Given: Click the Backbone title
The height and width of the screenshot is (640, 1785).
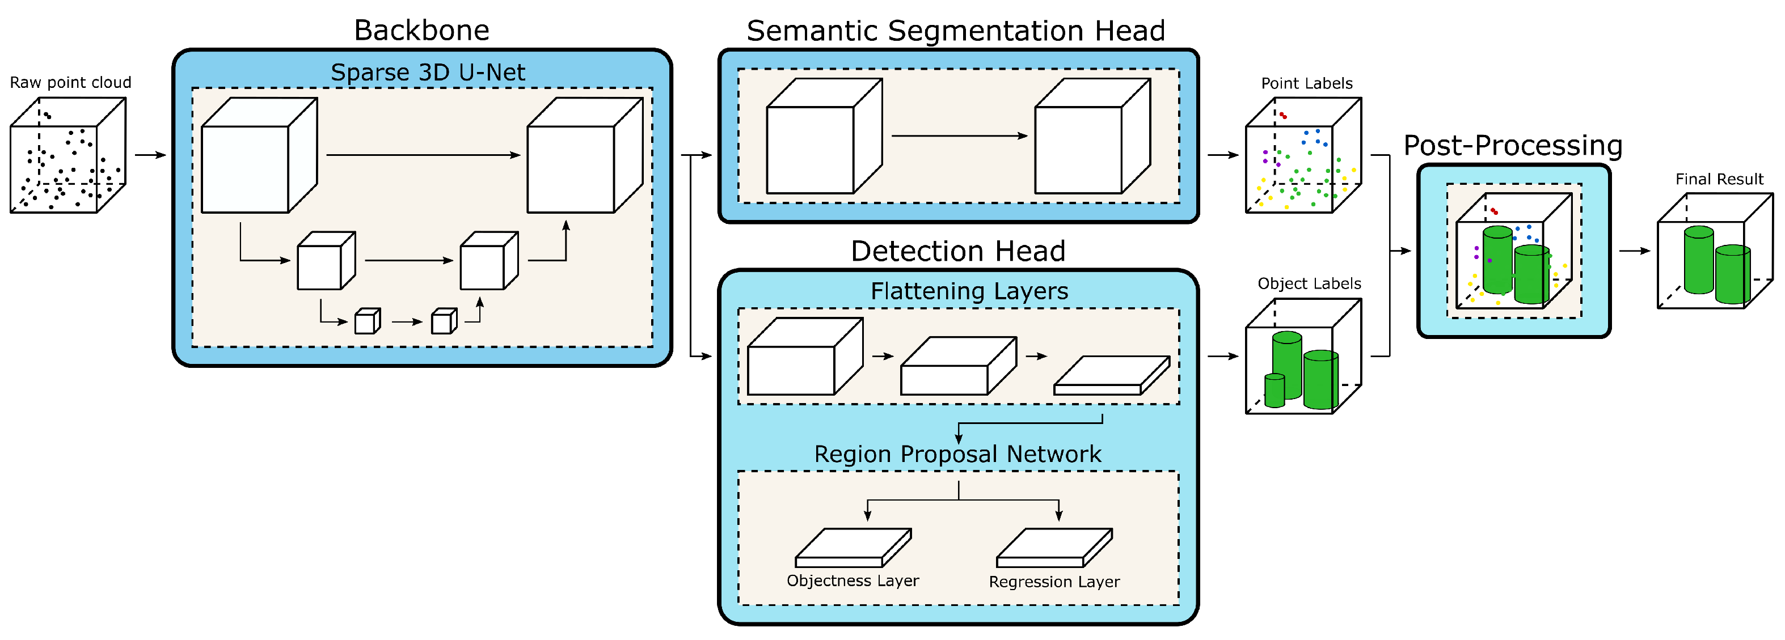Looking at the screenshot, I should click(x=421, y=31).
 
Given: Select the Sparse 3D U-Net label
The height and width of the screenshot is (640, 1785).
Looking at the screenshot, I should click(x=428, y=72).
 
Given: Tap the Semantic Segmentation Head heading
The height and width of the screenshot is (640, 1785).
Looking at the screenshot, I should click(x=956, y=31).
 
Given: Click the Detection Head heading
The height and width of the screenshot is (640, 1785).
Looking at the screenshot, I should click(x=957, y=251).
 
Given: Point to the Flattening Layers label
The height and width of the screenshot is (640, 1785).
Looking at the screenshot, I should click(x=969, y=291).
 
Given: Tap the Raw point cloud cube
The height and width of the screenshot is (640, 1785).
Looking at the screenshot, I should click(x=67, y=156).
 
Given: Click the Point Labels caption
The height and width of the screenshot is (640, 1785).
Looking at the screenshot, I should click(x=1306, y=83).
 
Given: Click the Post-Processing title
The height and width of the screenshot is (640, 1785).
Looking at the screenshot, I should click(x=1513, y=146).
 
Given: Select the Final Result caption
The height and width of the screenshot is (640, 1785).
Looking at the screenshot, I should click(x=1719, y=179).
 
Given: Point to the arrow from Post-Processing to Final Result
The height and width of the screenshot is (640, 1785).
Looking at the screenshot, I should click(x=1635, y=251).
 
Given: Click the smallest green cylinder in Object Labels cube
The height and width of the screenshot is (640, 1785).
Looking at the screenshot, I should click(x=1275, y=390).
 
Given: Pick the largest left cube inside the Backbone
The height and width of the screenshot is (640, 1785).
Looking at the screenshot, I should click(x=259, y=156).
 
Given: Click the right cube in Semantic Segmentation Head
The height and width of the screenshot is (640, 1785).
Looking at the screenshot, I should click(x=1092, y=137).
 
